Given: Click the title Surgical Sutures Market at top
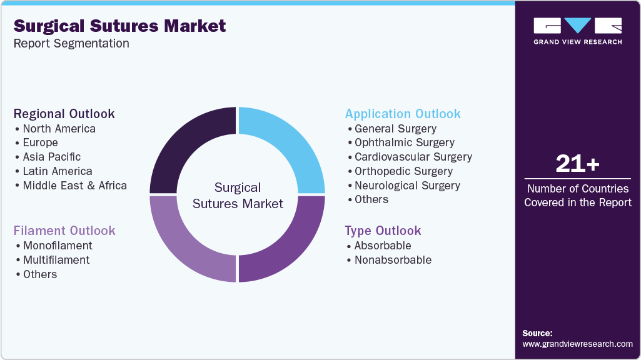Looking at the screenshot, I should pos(119,26).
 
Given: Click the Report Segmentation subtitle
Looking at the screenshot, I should pos(71,43).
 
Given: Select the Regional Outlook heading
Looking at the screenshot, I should pos(64,114).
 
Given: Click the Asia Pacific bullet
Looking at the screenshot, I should pos(51,157).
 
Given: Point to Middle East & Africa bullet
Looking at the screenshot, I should pos(74,186).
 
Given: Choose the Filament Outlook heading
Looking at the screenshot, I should pos(64,231).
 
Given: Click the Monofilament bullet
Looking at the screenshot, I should pos(58,246).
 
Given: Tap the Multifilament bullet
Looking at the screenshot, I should pos(56,260).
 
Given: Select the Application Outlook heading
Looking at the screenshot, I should pos(403,114).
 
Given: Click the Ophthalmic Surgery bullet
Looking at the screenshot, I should pos(404,142).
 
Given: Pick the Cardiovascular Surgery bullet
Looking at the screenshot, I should pos(413,157).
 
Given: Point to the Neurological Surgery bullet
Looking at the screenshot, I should pos(407,186).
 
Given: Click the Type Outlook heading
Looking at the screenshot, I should pos(383,231).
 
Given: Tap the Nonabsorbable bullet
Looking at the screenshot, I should pos(393,260).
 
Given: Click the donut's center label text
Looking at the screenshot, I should pos(238,196).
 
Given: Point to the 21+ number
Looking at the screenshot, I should pos(577,164).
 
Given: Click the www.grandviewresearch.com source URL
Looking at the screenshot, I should pos(577,344).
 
